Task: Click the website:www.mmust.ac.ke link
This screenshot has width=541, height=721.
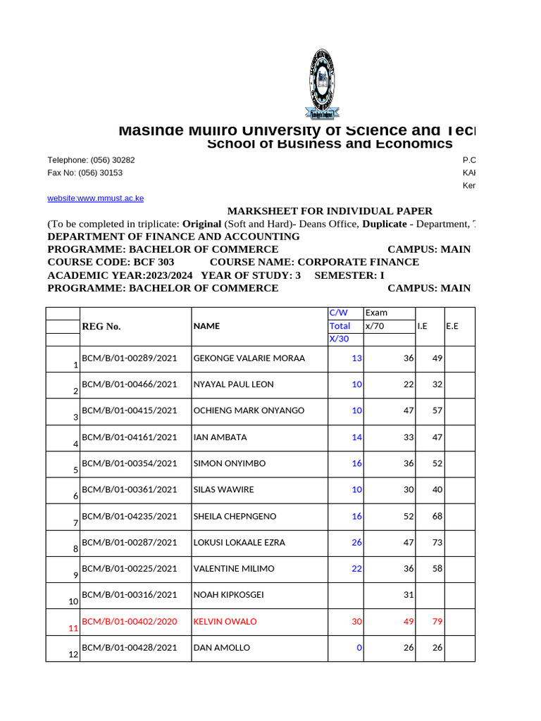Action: click(95, 199)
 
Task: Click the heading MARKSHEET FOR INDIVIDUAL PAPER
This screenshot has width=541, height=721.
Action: click(330, 211)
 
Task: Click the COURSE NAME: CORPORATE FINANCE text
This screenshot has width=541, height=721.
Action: click(314, 262)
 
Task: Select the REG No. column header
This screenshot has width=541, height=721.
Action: click(101, 326)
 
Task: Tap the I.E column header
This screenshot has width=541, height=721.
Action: click(423, 326)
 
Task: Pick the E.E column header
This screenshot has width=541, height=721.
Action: click(452, 326)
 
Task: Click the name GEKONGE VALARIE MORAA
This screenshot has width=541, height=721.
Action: click(249, 358)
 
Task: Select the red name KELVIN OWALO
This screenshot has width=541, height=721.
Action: click(225, 622)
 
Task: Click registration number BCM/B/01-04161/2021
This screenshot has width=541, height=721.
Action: click(130, 437)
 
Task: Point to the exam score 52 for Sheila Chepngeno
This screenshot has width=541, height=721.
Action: click(409, 516)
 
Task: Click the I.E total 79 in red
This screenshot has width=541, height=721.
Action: click(437, 622)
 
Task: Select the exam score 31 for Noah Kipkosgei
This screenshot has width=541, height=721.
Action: click(409, 595)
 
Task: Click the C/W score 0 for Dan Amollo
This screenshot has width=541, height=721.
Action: click(359, 648)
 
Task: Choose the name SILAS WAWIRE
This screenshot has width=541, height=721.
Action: click(223, 490)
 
